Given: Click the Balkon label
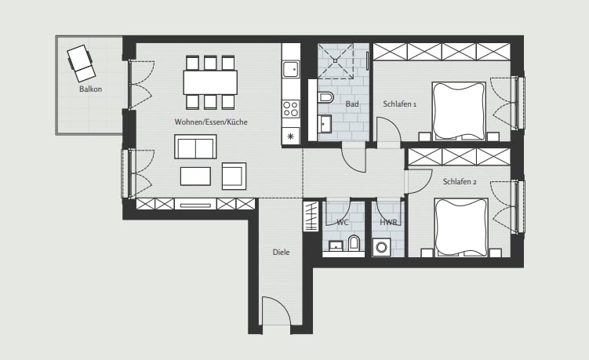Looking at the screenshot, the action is [90, 89].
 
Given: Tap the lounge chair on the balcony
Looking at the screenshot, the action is [81, 63].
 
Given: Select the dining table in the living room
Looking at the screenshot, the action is [210, 82].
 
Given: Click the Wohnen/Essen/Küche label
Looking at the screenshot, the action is [211, 122].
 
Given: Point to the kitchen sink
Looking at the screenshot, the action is [291, 69].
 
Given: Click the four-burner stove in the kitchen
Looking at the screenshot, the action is [291, 108].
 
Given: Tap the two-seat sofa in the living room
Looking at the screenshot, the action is [195, 147].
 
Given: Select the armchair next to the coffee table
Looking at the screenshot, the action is [234, 176].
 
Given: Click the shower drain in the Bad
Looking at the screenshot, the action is [335, 60].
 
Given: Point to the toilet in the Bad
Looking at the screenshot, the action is [325, 98].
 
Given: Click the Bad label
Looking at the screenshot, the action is [352, 104].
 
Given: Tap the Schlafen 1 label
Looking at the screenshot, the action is [399, 104].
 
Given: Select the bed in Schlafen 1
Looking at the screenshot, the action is [459, 111].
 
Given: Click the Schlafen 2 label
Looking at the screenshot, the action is [460, 182].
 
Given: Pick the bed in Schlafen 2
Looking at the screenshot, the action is [461, 227].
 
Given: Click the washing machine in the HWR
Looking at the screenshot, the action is [382, 248].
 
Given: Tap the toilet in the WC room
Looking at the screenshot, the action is [354, 243].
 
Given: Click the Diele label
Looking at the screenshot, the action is [281, 252].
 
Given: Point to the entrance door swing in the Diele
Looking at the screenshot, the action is [276, 311].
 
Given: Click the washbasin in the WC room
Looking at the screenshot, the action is [336, 245].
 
